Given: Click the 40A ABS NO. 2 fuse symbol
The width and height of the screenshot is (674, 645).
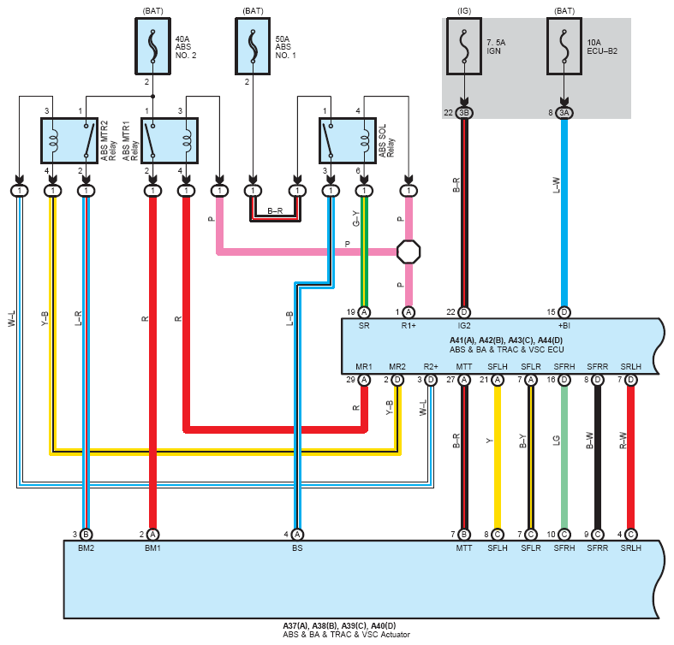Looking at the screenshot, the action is [x=152, y=46].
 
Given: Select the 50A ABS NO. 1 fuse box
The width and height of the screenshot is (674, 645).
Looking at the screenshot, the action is [x=253, y=46].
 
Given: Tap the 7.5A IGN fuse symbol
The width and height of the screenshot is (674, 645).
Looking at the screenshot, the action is [x=464, y=46].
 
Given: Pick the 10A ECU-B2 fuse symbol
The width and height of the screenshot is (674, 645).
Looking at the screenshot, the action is [x=564, y=46].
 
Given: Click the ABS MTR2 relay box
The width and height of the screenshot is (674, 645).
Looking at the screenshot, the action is [x=69, y=141].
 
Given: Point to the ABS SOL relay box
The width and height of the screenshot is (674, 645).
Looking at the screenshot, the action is [x=348, y=141].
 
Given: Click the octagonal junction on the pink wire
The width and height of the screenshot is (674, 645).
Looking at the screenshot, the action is [x=409, y=251].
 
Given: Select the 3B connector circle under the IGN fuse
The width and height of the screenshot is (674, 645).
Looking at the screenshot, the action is [x=464, y=113].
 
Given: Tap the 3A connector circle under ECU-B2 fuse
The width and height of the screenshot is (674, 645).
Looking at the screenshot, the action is [x=564, y=113].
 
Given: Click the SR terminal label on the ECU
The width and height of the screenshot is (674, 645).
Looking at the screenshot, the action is [x=364, y=326].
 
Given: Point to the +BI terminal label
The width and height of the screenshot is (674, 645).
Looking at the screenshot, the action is [x=564, y=326].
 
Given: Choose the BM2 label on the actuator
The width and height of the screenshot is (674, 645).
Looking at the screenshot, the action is [x=86, y=548].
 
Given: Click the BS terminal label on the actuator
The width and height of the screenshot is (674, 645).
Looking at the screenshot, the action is [x=297, y=548].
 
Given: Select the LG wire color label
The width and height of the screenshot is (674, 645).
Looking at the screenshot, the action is [x=556, y=441].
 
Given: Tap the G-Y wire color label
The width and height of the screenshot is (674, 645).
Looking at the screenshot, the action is [x=356, y=219].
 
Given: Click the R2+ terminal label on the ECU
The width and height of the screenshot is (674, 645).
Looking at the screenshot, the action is [x=431, y=367].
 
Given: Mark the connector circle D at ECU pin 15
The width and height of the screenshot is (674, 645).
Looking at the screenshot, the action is [x=564, y=312].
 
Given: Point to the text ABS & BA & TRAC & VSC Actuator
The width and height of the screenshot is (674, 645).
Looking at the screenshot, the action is [x=347, y=634].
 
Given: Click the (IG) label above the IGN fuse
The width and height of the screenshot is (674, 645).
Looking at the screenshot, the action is [x=464, y=11].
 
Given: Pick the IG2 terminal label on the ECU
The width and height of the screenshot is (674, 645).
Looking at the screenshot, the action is [x=464, y=326].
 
